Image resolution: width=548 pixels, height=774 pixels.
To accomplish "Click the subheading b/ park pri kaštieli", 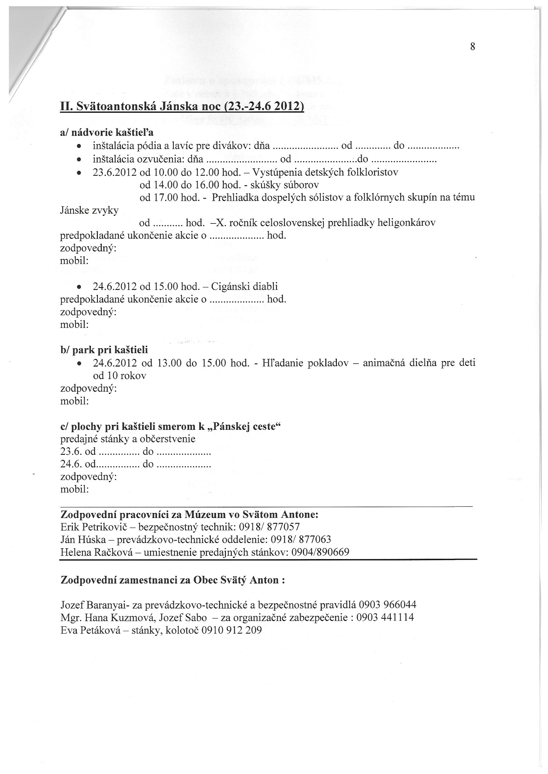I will pos(104,349).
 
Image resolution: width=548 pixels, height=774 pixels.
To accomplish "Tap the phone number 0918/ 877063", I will pos(301,539).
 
